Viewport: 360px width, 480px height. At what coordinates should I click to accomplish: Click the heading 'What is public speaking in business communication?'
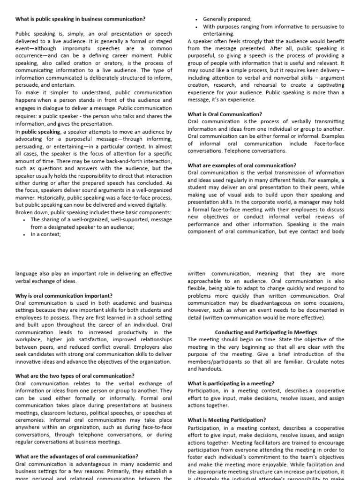(x=80, y=19)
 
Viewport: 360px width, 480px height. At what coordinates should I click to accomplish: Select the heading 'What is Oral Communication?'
(x=225, y=114)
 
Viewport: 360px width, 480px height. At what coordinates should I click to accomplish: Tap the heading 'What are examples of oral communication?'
(x=241, y=165)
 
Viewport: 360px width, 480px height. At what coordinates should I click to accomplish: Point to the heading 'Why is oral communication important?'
(x=64, y=296)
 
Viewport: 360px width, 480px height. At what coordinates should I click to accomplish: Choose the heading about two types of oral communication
(x=75, y=376)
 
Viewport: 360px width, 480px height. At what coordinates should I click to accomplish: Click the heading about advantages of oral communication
(x=76, y=456)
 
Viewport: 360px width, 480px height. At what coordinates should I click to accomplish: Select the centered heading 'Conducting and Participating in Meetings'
(x=266, y=332)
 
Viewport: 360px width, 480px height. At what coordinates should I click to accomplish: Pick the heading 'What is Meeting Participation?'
(x=226, y=420)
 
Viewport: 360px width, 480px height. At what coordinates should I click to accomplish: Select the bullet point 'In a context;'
(x=45, y=234)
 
